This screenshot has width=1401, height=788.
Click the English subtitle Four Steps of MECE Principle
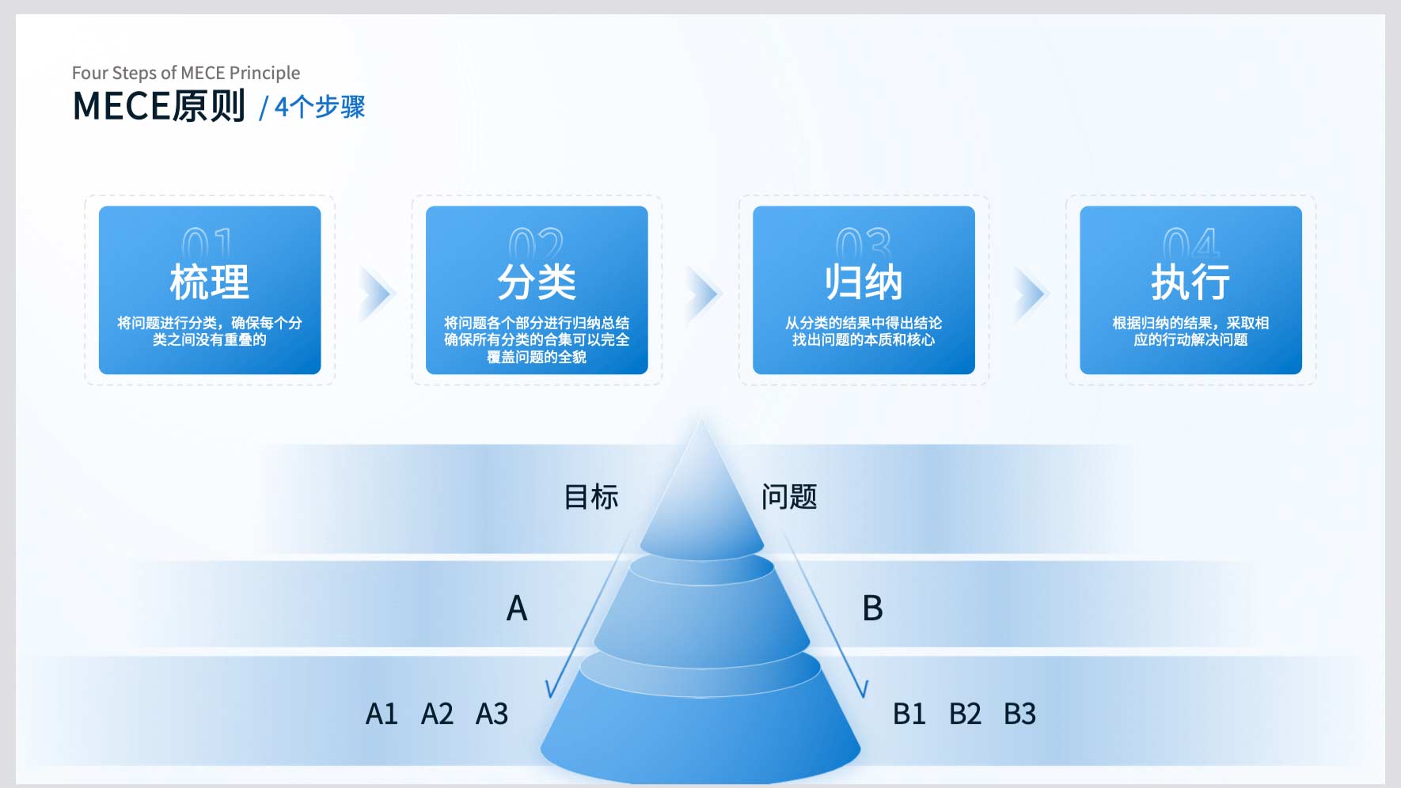(186, 74)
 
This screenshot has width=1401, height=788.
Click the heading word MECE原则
(159, 106)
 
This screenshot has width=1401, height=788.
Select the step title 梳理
(210, 282)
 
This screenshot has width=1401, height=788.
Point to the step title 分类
(537, 282)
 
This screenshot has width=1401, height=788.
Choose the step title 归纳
(864, 282)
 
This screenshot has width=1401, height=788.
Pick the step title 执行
(1190, 282)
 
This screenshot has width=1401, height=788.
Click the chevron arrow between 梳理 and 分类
(377, 294)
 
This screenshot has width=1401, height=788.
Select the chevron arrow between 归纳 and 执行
(1031, 294)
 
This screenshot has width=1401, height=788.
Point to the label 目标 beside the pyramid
(591, 497)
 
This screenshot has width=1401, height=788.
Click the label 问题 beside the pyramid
(789, 497)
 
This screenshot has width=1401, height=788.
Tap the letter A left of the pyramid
(517, 608)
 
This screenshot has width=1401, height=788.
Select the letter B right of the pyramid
(872, 608)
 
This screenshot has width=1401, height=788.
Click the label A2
(437, 714)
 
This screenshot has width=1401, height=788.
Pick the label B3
(1019, 714)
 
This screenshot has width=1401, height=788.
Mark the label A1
(382, 714)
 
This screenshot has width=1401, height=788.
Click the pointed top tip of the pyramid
(701, 419)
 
